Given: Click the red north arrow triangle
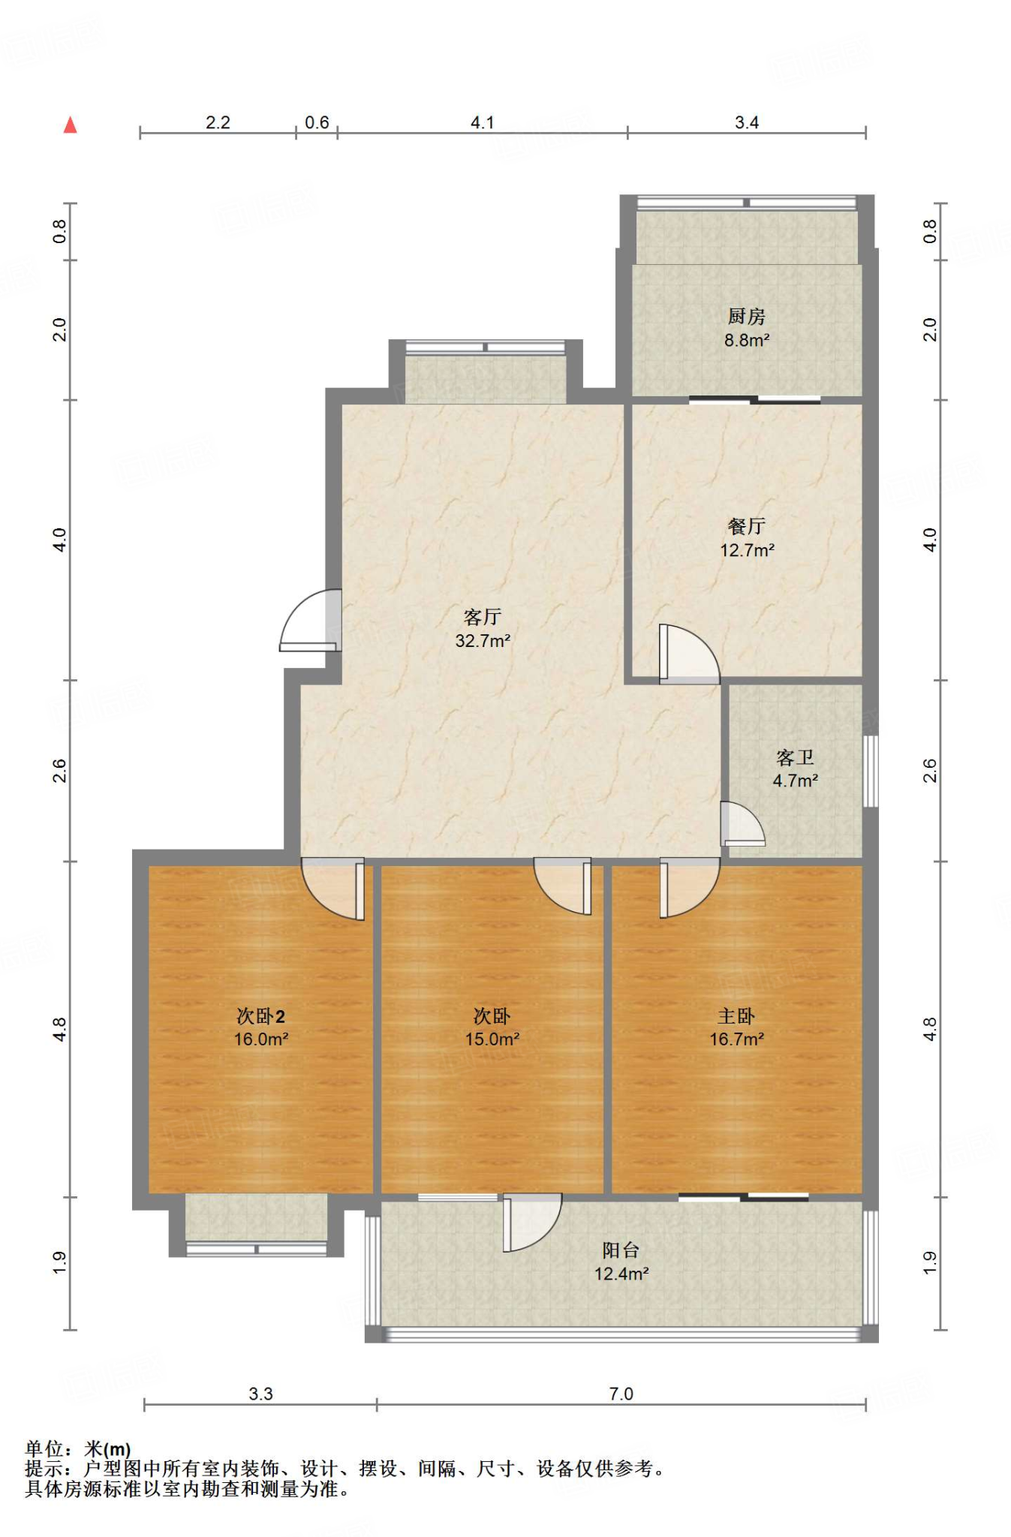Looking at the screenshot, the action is click(71, 125).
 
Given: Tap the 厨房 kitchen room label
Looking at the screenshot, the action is click(746, 317).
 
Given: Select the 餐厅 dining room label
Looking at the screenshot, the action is click(746, 526).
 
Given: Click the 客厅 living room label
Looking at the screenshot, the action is click(482, 617).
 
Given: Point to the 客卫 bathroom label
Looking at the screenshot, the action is click(795, 757).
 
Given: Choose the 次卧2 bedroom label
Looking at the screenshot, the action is click(260, 1016).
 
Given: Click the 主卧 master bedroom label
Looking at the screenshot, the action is click(736, 1016).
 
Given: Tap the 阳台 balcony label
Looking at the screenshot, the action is click(621, 1250).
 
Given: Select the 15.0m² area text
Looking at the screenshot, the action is click(492, 1039).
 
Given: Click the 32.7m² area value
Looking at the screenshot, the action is click(483, 641).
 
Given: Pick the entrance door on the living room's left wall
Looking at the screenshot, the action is click(310, 620).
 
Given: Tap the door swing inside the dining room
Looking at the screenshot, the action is click(689, 654).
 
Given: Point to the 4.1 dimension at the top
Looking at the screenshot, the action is click(483, 122).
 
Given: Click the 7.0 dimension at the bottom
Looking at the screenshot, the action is click(621, 1394).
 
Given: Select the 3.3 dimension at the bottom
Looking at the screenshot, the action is click(260, 1394).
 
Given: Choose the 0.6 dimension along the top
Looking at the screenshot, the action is click(317, 122).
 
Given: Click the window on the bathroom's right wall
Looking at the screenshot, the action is click(871, 772).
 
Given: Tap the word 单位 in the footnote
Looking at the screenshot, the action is click(44, 1449).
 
